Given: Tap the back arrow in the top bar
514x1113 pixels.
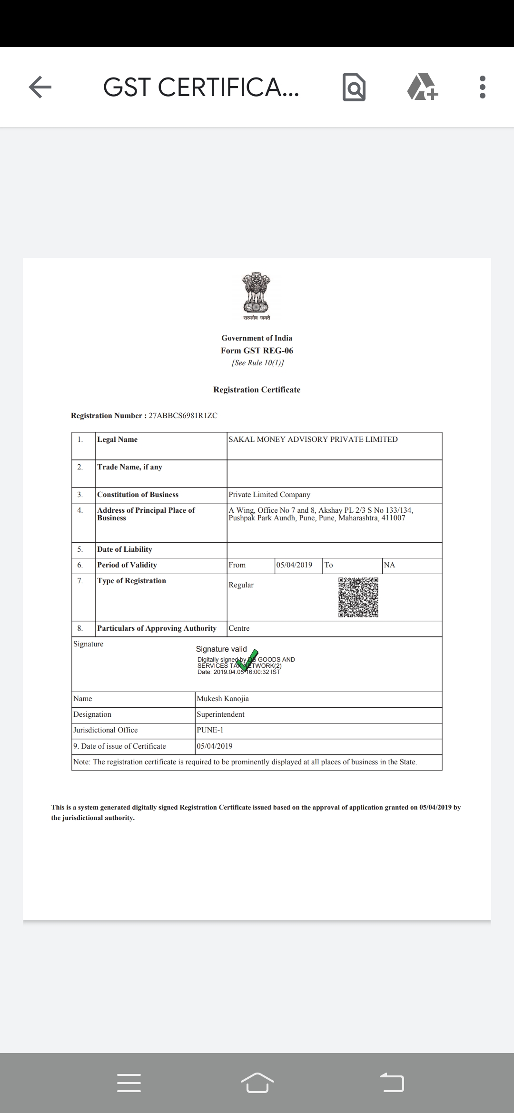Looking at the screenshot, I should (40, 87).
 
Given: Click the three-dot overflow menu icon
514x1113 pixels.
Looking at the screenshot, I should (482, 87).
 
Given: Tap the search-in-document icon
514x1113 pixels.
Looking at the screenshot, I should (354, 88).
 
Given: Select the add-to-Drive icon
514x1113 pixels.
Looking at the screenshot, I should (422, 87).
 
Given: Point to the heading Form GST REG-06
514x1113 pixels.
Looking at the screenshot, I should (257, 351).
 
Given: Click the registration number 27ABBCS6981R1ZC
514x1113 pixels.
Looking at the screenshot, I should (183, 416).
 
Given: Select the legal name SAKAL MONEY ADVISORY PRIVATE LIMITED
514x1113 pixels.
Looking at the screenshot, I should (313, 439).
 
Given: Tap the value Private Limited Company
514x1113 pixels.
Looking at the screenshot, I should (269, 495).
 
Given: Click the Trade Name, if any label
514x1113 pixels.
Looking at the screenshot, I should (129, 467).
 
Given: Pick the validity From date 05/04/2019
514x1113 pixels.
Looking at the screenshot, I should (294, 565).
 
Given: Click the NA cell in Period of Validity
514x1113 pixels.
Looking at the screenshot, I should (389, 565).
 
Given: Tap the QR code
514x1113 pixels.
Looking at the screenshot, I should (358, 597).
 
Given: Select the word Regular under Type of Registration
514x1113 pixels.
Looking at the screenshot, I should (241, 585).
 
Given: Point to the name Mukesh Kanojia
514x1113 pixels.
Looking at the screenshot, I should (223, 699).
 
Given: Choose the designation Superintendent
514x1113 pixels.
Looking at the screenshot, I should (220, 714).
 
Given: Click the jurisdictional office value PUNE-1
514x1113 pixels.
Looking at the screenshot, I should (210, 730).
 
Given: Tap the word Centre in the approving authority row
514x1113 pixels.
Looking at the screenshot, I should (239, 628).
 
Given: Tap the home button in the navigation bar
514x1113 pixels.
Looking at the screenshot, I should (257, 1083).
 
